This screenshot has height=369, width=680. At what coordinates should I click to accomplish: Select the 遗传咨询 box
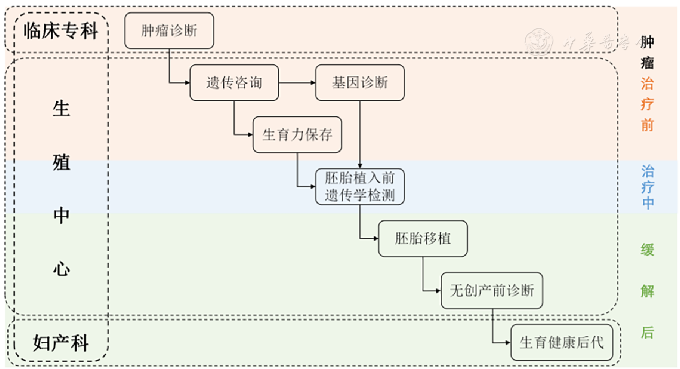pos(234,83)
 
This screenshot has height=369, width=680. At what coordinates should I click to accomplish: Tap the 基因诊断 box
pos(360,83)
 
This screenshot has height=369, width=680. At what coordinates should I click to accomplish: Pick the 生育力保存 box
pos(297,135)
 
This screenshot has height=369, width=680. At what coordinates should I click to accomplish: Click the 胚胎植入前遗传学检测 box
pos(360,187)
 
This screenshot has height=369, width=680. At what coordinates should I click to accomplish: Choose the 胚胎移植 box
pos(423,239)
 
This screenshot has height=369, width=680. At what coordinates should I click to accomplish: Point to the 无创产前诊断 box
pos(492,290)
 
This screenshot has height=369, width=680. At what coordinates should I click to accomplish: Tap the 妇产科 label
pos(61,342)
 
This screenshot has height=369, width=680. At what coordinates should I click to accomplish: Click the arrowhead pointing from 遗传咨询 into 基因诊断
pos(312,83)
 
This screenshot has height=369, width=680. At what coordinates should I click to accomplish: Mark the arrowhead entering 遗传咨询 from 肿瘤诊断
pos(187,83)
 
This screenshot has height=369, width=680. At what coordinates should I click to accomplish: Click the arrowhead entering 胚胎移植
pos(375,239)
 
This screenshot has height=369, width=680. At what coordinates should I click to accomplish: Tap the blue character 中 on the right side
pos(647,204)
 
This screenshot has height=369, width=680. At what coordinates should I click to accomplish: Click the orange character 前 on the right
pos(647,125)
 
